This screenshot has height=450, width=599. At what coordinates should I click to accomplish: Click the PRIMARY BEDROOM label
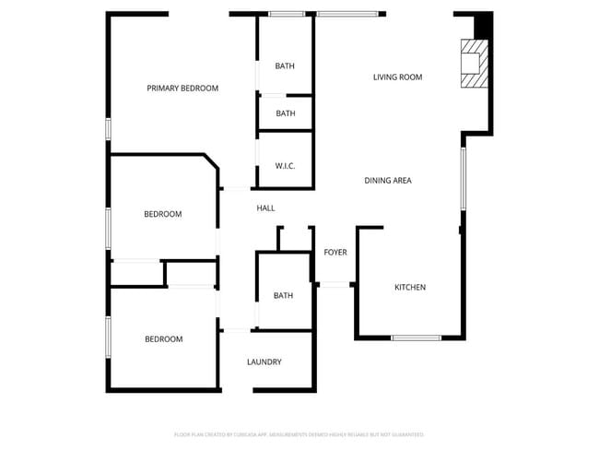tap(182, 89)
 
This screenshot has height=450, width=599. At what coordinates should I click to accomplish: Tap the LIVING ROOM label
tap(397, 77)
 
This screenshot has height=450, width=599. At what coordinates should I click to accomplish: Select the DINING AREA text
tap(388, 181)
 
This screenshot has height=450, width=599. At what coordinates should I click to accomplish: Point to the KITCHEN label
tap(410, 288)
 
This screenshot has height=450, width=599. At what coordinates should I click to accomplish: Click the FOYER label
tap(335, 253)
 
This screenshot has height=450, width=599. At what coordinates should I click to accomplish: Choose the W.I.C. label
tap(285, 166)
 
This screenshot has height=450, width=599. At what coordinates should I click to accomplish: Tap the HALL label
tap(265, 208)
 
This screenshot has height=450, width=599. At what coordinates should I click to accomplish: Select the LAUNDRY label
tap(264, 362)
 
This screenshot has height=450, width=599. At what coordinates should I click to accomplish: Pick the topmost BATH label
tap(285, 66)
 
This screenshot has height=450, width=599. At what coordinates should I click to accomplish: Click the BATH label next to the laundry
tap(283, 296)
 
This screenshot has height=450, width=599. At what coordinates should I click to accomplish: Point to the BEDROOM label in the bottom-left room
tap(163, 339)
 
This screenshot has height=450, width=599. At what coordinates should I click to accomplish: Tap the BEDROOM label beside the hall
tap(163, 215)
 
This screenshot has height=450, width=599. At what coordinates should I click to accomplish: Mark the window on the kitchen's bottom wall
tap(416, 337)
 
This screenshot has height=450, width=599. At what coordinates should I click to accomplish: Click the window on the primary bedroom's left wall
tap(109, 129)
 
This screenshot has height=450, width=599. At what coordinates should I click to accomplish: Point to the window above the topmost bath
tap(287, 14)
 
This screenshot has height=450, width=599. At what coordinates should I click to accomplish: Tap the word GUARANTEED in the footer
tap(406, 434)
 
